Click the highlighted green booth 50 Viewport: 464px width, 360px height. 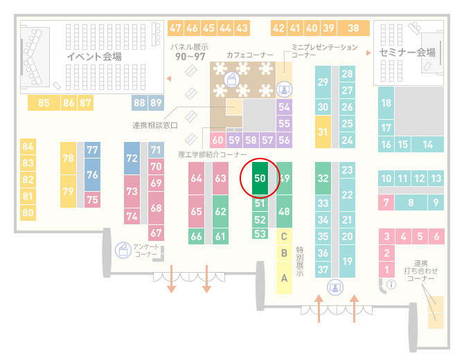pos(260,178)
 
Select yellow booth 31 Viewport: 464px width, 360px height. pos(323,132)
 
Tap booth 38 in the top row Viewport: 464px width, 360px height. pos(353,28)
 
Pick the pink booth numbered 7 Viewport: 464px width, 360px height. pos(386,203)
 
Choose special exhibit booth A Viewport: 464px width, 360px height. pos(284,278)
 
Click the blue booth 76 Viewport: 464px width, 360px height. pos(92,174)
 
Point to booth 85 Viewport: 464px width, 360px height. pos(44,102)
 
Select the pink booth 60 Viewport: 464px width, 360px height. pos(217,140)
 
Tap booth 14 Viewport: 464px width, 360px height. pos(427,145)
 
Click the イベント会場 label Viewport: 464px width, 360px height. pos(94,56)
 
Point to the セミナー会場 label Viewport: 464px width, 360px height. pos(407,53)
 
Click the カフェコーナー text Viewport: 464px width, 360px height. pos(250,55)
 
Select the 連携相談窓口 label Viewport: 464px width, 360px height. pos(155,125)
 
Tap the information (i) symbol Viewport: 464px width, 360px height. pos(391,285)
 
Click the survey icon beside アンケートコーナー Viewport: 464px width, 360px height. pos(123,250)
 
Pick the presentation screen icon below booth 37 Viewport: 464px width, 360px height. pos(335,287)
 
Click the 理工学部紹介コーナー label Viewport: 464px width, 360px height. pos(212,154)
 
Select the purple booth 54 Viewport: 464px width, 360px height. pos(284,107)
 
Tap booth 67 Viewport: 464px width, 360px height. pos(156,233)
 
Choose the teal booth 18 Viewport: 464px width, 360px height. pos(386,102)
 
